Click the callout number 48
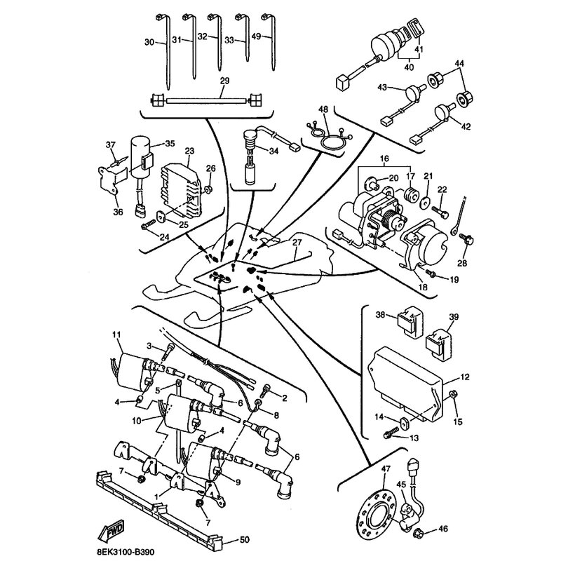click(323, 109)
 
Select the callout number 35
click(169, 144)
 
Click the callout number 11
click(116, 335)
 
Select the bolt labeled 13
click(388, 435)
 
